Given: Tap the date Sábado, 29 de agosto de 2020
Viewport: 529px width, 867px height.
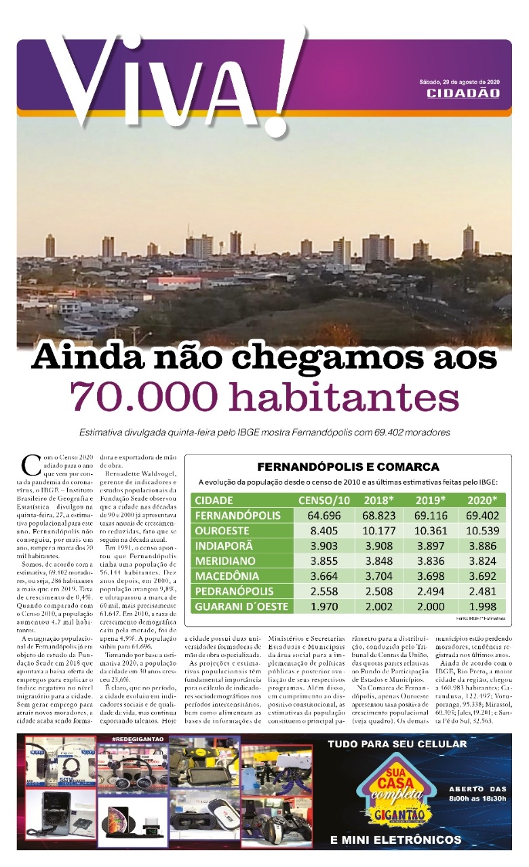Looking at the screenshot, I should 460,82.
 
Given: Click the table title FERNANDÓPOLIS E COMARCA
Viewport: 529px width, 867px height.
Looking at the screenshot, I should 348,467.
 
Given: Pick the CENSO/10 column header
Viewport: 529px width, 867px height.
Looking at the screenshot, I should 324,501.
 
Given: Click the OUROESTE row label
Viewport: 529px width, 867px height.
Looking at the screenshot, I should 222,530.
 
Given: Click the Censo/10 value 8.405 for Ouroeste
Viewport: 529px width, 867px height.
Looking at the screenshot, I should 324,530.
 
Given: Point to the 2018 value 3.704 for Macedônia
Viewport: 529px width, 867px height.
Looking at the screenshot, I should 376,576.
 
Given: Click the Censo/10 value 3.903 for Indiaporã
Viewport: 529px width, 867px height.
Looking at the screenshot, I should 324,546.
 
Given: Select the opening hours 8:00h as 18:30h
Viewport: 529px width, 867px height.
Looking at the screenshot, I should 477,799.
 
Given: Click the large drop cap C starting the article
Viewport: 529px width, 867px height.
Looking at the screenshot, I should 31,465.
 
